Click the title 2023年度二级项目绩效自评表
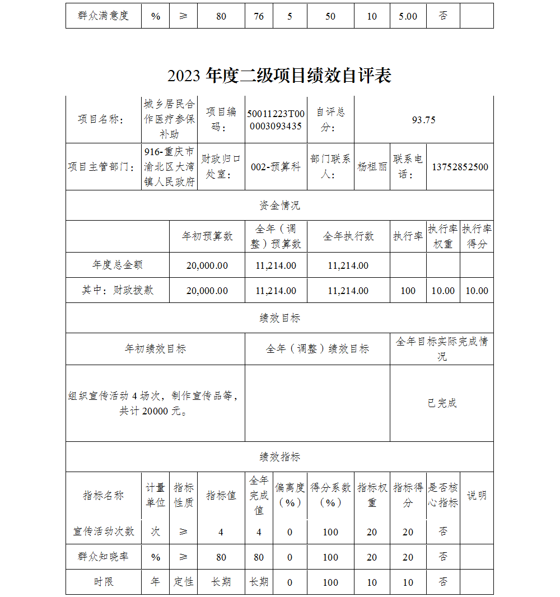point(279,76)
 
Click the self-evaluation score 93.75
point(423,119)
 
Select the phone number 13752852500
point(460,167)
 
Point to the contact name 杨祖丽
point(372,167)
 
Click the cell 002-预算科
point(276,167)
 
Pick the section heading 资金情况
point(279,206)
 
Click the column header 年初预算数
point(207,236)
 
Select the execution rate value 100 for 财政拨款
point(408,291)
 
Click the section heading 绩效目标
point(279,318)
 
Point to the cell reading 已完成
point(442,403)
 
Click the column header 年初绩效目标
point(155,349)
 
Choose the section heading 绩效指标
point(279,457)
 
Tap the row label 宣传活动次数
point(104,531)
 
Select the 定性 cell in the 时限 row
point(183,582)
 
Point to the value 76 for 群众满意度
point(259,16)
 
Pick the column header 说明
point(477,496)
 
